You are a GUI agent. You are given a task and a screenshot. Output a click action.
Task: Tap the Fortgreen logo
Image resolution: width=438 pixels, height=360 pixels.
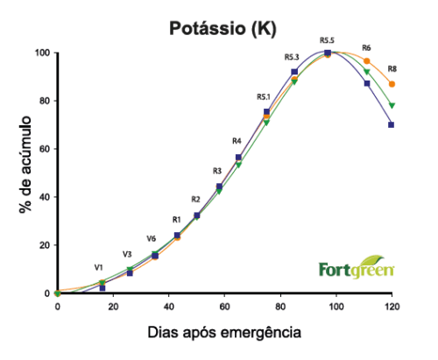356,267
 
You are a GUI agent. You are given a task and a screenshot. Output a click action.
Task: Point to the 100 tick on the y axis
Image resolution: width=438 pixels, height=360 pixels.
41,53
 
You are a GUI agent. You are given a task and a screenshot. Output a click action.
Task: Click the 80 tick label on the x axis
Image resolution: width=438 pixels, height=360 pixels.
280,307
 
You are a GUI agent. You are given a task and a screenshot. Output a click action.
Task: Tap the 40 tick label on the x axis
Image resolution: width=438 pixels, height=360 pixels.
169,307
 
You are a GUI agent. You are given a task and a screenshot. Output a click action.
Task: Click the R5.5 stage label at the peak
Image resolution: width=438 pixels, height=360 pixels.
328,40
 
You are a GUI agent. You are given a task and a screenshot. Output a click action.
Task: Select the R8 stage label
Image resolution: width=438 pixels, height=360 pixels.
392,68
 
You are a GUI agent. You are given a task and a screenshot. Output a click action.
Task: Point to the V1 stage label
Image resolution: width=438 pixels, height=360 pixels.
99,266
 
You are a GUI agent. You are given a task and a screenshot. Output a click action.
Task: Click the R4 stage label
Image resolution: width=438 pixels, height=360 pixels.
237,141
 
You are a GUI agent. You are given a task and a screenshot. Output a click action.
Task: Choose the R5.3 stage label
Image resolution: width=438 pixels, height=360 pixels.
293,57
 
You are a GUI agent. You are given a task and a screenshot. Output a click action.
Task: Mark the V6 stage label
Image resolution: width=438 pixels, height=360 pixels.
152,238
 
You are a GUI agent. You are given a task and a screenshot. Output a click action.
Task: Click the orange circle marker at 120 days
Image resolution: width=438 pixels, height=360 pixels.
392,84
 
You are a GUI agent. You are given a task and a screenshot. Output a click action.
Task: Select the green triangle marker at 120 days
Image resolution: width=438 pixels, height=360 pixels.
392,106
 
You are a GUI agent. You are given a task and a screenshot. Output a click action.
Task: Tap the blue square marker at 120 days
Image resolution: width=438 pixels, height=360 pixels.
392,124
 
